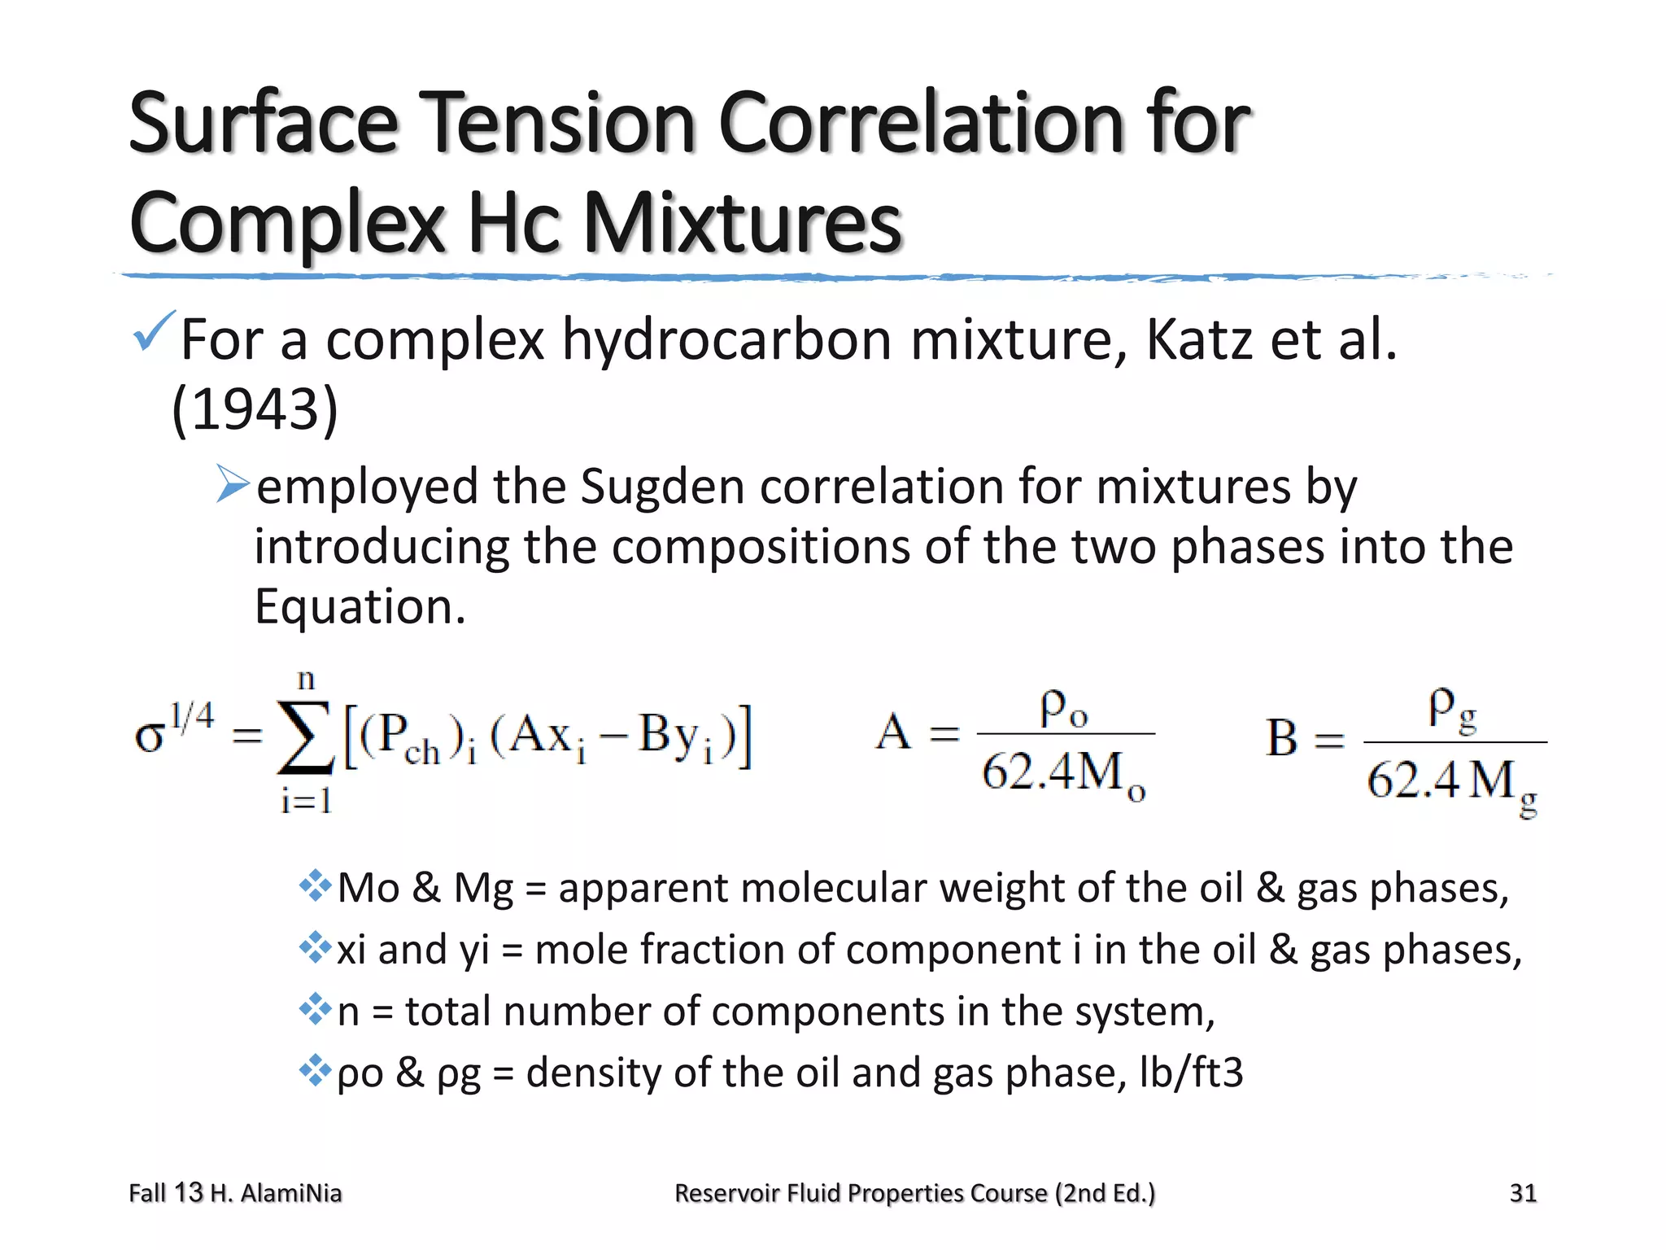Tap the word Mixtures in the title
(742, 223)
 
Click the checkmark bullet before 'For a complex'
(153, 331)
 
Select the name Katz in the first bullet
(1198, 339)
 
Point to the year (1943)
(255, 409)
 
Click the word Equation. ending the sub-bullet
(360, 606)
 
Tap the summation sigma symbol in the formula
(305, 737)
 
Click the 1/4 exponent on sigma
(192, 716)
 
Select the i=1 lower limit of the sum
(306, 802)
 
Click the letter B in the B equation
(1281, 739)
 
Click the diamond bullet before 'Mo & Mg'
(315, 885)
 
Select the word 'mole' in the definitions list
(579, 950)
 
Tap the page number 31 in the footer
(1523, 1193)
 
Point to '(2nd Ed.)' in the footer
(1105, 1193)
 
